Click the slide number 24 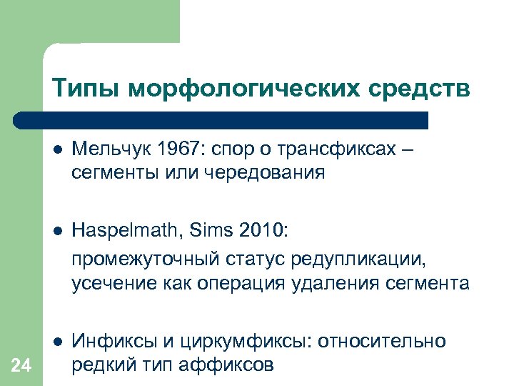pos(22,367)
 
